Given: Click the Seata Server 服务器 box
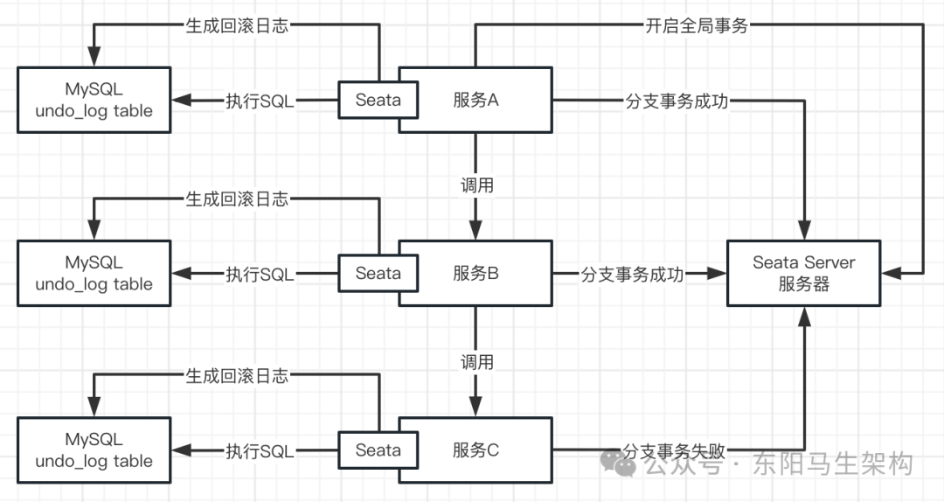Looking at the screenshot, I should [803, 274].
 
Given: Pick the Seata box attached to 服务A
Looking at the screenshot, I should [378, 100].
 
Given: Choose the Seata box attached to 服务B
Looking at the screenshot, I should [378, 274].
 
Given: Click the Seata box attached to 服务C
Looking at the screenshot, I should [378, 450].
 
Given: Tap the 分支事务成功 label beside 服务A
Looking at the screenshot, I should [677, 101].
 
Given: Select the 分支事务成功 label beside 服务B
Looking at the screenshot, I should [633, 275].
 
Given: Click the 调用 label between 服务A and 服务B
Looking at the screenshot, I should [476, 185].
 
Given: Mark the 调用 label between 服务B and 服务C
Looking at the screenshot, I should [476, 361].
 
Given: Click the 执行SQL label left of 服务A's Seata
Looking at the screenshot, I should [260, 101].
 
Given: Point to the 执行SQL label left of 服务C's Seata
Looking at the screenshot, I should [260, 451].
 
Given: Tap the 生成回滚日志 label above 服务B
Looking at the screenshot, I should [236, 199].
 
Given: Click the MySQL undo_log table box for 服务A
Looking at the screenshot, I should [94, 100].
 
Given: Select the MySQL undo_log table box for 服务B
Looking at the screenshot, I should [94, 274].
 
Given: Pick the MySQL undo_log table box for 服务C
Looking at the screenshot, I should [94, 450].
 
